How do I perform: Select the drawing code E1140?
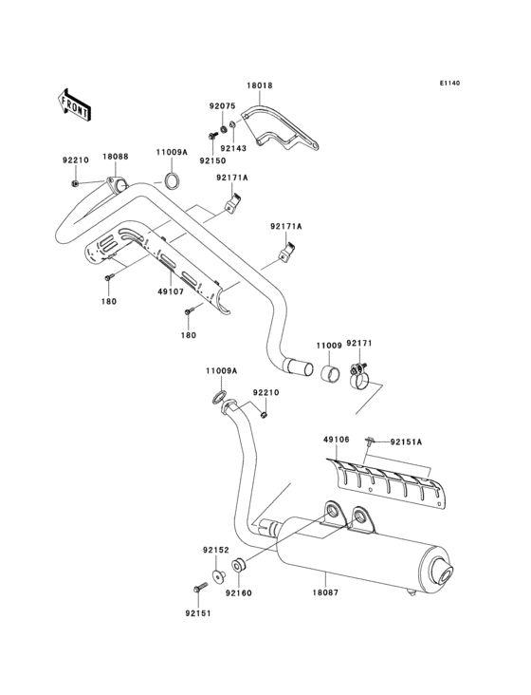point(449,84)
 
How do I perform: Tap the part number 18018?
point(260,86)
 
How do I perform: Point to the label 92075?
point(222,107)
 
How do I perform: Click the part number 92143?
point(232,147)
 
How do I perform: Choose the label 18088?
point(116,156)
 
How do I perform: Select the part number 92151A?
point(407,441)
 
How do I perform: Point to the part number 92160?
point(237,592)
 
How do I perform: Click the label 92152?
point(213,550)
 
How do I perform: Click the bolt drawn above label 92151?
point(200,589)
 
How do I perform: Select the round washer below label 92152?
point(218,574)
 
